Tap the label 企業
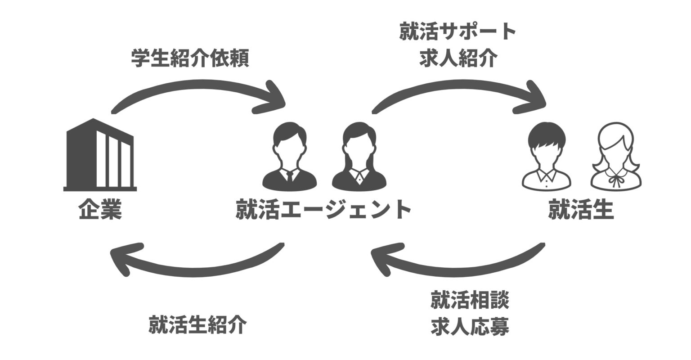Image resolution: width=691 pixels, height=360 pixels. (x=100, y=210)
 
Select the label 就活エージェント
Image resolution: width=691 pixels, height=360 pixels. (x=323, y=210)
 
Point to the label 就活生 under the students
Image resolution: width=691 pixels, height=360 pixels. (x=581, y=210)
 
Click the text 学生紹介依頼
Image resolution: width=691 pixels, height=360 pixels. (x=190, y=58)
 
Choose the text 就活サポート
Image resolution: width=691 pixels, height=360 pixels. (x=458, y=32)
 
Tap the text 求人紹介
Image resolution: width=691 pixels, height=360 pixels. (x=458, y=58)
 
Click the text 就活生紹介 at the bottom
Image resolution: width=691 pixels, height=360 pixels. (x=197, y=325)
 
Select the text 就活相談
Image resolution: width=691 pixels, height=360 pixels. (x=470, y=301)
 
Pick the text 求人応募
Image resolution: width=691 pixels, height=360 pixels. (x=470, y=327)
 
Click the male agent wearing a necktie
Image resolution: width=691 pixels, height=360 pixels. (x=290, y=155)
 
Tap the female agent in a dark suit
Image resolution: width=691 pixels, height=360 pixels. (x=359, y=155)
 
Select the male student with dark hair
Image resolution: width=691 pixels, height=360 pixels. (x=546, y=155)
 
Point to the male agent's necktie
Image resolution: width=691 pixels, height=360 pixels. (x=290, y=176)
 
